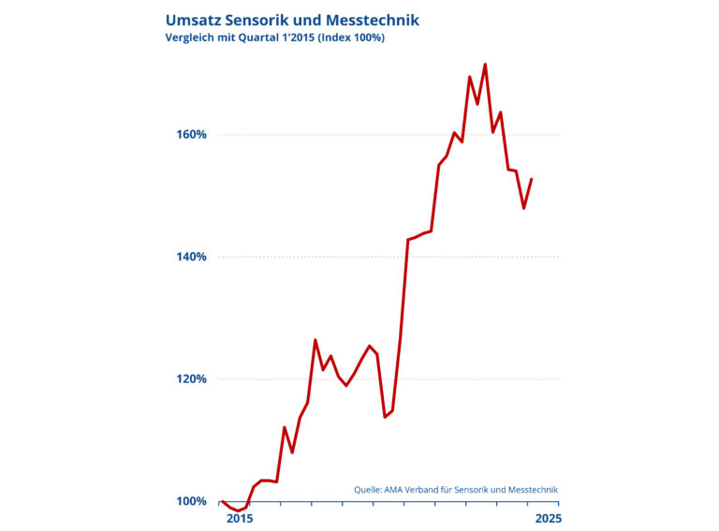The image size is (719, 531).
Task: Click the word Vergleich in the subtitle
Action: (x=190, y=37)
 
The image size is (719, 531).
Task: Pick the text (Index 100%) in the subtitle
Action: (x=352, y=37)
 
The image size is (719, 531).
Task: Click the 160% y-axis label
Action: (x=191, y=134)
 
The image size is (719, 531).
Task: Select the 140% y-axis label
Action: (x=191, y=257)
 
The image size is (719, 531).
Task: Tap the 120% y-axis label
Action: (x=191, y=379)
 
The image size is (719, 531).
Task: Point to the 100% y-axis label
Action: (x=191, y=502)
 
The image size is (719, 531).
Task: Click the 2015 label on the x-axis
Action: (x=240, y=518)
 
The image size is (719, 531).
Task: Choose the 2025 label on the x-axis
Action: (x=547, y=518)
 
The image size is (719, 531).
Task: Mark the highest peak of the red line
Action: (x=485, y=65)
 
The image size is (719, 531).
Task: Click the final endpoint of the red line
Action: (x=532, y=179)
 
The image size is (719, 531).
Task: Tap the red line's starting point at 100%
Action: (x=222, y=502)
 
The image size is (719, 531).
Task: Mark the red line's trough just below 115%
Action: (x=385, y=417)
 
